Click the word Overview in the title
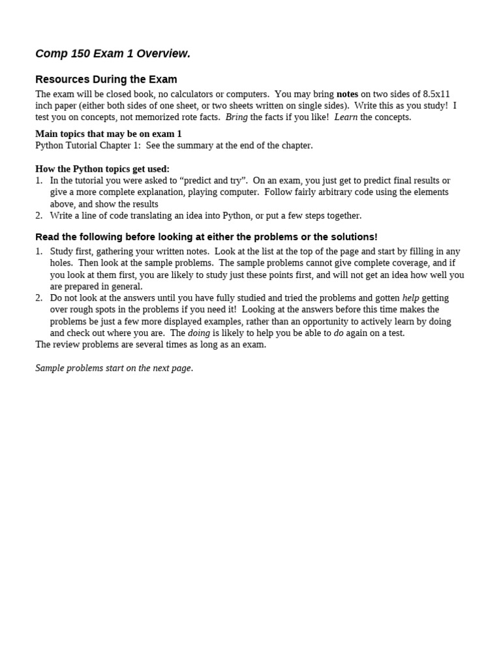(164, 54)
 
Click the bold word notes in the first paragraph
(347, 94)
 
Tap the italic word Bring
(237, 117)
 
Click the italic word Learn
(346, 117)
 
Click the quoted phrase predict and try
(212, 181)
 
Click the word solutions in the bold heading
(353, 237)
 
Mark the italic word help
(411, 298)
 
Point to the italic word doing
(199, 333)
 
